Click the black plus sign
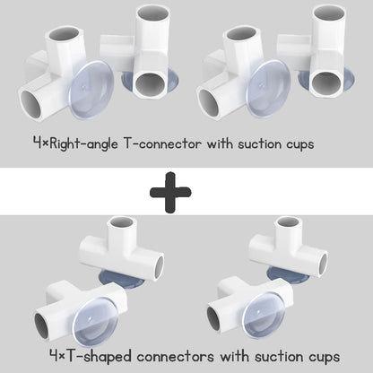(170, 192)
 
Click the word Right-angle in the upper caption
(83, 144)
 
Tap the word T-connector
(162, 143)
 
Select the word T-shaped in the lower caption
(99, 357)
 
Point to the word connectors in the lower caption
(176, 357)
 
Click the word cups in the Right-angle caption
(300, 144)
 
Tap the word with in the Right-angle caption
(220, 143)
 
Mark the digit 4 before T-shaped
(54, 356)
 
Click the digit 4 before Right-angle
(37, 143)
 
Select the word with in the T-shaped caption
(233, 356)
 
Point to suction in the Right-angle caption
(260, 143)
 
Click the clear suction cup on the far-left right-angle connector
(91, 91)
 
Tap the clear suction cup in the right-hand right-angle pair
(269, 89)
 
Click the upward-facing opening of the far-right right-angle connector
(329, 13)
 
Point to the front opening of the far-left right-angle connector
(30, 104)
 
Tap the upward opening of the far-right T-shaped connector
(288, 221)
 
